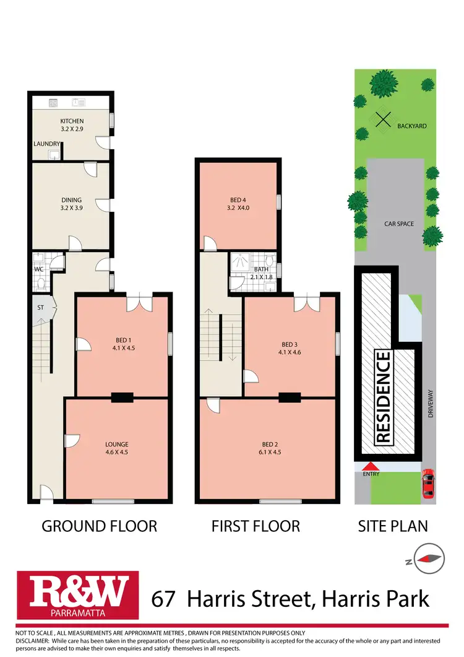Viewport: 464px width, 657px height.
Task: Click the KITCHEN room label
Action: coord(72,121)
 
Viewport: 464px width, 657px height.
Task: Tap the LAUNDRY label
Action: coord(47,144)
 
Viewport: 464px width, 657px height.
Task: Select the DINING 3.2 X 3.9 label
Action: coord(72,204)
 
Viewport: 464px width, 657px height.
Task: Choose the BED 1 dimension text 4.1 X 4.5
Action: coord(123,347)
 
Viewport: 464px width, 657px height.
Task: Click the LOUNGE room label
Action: coord(116,444)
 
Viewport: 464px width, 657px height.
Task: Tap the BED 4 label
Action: coord(238,199)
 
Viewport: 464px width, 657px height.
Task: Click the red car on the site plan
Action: coord(427,484)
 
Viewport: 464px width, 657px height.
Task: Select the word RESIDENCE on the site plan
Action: coord(384,397)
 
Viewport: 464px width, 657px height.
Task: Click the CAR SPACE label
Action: coord(398,224)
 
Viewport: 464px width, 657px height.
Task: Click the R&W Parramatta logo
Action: coord(73,598)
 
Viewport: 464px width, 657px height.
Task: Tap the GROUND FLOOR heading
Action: coord(99,526)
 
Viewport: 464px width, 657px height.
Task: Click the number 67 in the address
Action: coord(165,599)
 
